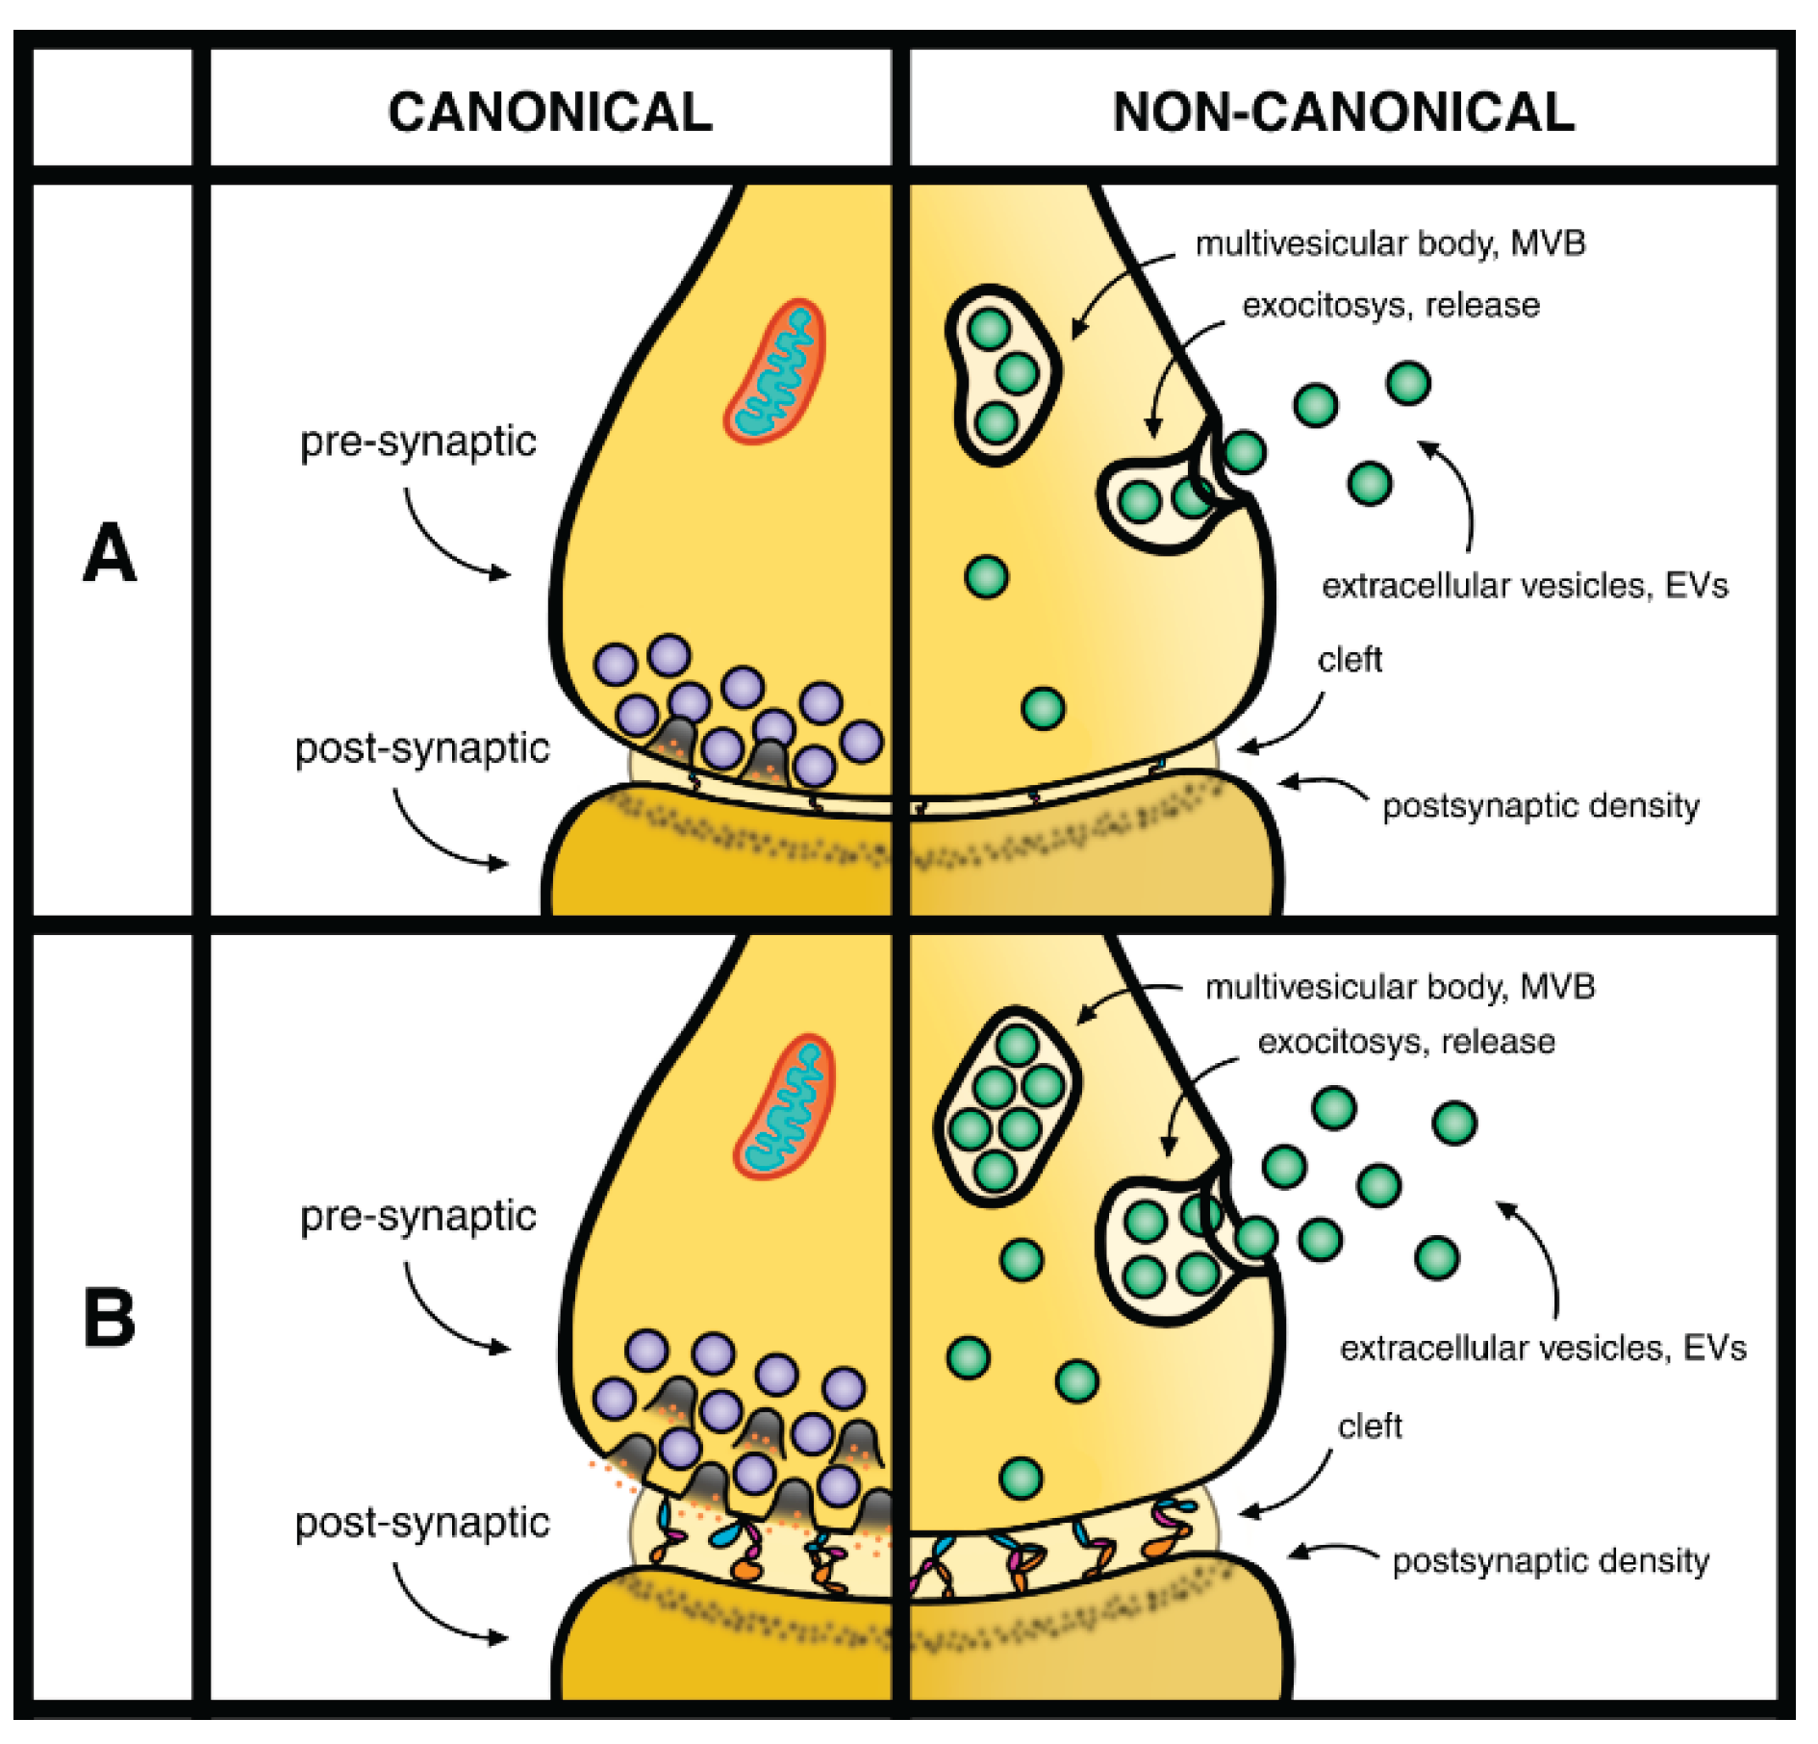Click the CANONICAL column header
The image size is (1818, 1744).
point(549,112)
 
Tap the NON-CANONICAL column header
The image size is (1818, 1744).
point(1343,112)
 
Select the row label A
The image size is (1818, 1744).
point(110,553)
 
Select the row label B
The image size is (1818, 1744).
point(110,1317)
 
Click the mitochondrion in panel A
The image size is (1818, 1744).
point(775,371)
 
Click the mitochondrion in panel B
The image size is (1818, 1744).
point(785,1106)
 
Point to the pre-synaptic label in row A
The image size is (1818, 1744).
point(417,442)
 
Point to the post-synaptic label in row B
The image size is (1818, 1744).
point(421,1523)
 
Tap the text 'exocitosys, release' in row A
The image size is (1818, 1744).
point(1391,306)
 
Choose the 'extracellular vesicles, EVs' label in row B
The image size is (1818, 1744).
point(1542,1348)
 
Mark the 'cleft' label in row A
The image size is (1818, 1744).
point(1350,660)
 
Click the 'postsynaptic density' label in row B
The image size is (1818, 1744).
point(1551,1560)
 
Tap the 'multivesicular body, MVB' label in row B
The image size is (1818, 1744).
point(1400,987)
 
